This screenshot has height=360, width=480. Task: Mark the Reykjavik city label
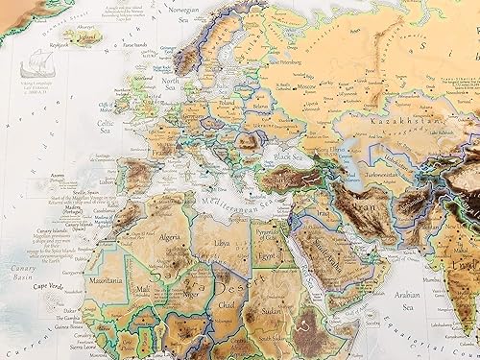61,44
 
